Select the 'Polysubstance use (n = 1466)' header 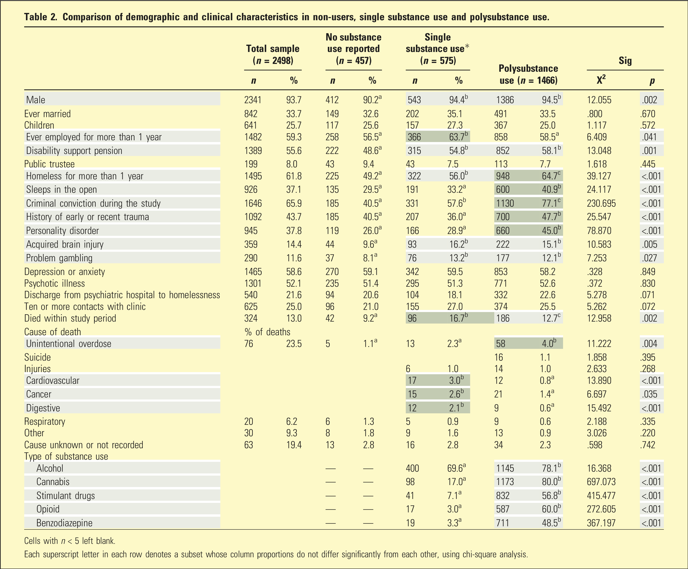click(x=528, y=74)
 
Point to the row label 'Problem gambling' click(x=59, y=258)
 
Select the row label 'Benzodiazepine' click(x=64, y=523)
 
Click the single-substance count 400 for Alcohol click(x=412, y=468)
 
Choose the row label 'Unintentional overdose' click(x=69, y=344)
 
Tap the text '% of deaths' click(x=267, y=332)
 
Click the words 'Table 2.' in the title click(x=41, y=17)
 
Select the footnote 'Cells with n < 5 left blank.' click(x=70, y=541)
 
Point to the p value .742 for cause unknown click(x=647, y=445)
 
